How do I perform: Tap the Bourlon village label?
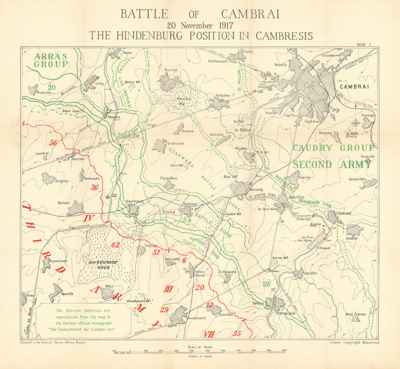pyautogui.click(x=171, y=70)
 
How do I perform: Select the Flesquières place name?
pyautogui.click(x=168, y=178)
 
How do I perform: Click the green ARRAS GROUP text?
pyautogui.click(x=50, y=60)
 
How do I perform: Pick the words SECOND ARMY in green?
pyautogui.click(x=332, y=164)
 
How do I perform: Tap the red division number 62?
pyautogui.click(x=116, y=245)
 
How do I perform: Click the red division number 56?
pyautogui.click(x=53, y=143)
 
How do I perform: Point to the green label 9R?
pyautogui.click(x=268, y=284)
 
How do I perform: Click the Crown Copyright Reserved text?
pyautogui.click(x=354, y=342)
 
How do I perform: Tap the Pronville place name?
pyautogui.click(x=44, y=92)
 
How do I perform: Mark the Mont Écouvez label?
pyautogui.click(x=356, y=314)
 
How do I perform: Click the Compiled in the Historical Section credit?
pyautogui.click(x=52, y=342)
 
